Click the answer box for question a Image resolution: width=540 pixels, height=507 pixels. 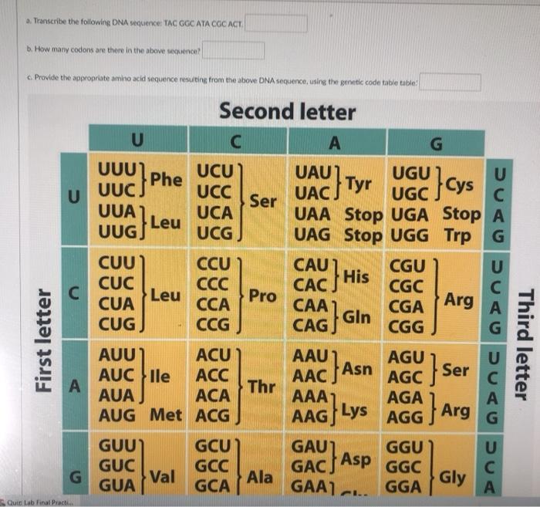pos(276,23)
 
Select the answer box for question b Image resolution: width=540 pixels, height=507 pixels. pos(233,51)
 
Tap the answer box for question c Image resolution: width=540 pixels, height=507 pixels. pos(450,83)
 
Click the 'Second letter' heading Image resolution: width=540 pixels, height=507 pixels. pos(287,112)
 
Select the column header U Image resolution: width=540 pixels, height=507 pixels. pos(137,140)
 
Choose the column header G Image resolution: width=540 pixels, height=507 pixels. pos(436,141)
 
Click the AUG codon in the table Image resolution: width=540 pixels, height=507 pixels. pos(123,415)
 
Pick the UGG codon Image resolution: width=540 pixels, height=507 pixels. pos(413,234)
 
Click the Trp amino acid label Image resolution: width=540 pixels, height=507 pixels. pos(459,234)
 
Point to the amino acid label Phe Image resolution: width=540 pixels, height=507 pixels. pos(167,179)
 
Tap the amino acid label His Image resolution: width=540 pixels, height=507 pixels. pos(356,275)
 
